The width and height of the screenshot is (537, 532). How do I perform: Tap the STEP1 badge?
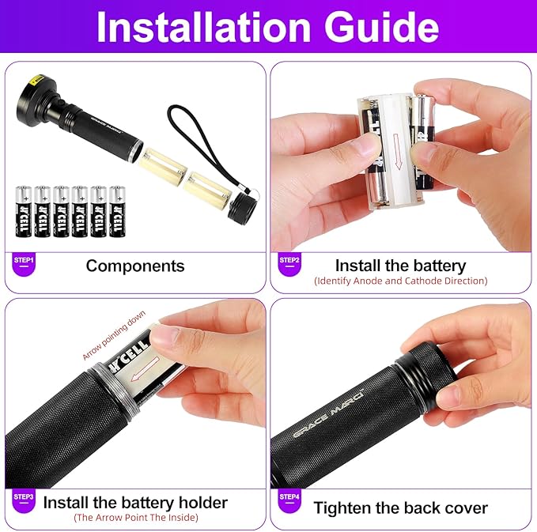[24, 262]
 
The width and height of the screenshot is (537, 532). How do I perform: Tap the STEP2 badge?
[289, 262]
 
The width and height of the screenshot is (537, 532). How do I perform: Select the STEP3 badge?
[24, 498]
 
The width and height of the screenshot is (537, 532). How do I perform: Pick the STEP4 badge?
[289, 498]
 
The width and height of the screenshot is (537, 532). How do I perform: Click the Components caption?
[135, 266]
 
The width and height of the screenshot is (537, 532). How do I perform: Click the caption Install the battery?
[400, 266]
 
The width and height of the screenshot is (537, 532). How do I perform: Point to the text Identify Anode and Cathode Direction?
[400, 281]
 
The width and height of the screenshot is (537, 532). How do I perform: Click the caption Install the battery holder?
[135, 502]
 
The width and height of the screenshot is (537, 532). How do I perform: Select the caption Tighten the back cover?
[400, 507]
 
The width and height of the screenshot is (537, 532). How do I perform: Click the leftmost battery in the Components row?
[23, 211]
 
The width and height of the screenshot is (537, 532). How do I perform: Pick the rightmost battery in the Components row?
[116, 211]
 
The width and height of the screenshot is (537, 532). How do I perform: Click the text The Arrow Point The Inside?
[135, 518]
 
